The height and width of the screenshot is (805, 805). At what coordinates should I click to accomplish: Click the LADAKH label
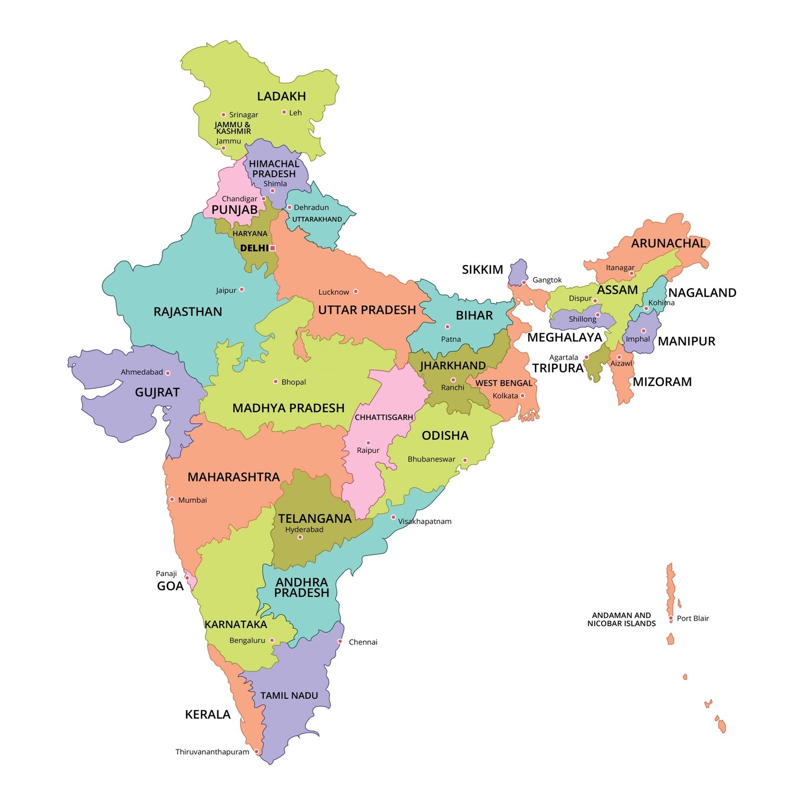[x=281, y=96]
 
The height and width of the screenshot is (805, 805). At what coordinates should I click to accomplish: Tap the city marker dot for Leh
[x=284, y=112]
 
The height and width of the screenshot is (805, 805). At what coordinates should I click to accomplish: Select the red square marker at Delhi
[x=273, y=248]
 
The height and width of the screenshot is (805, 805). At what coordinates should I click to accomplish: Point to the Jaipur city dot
[x=242, y=289]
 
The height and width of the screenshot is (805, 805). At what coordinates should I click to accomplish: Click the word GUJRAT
[x=157, y=392]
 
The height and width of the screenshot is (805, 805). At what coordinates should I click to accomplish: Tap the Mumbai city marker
[x=172, y=499]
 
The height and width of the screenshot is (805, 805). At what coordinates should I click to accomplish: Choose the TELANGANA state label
[x=315, y=518]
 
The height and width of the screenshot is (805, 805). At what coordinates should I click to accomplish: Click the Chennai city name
[x=363, y=642]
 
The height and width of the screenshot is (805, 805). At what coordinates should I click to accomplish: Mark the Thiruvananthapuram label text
[x=212, y=752]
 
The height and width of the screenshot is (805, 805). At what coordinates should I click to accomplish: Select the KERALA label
[x=207, y=714]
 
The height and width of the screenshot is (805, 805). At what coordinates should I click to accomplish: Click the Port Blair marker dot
[x=671, y=618]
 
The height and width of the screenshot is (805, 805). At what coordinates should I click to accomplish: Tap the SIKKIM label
[x=482, y=270]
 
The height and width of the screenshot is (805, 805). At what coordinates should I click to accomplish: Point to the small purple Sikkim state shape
[x=518, y=272]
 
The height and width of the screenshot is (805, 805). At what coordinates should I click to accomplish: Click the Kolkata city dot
[x=522, y=395]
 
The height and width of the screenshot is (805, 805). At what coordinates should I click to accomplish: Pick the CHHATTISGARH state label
[x=383, y=417]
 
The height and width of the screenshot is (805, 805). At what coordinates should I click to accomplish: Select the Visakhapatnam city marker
[x=393, y=517]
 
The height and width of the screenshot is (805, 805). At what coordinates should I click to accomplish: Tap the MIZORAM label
[x=662, y=382]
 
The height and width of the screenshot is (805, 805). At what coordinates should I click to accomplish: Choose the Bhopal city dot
[x=275, y=381]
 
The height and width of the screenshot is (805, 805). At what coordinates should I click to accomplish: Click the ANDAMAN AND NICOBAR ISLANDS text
[x=621, y=619]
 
